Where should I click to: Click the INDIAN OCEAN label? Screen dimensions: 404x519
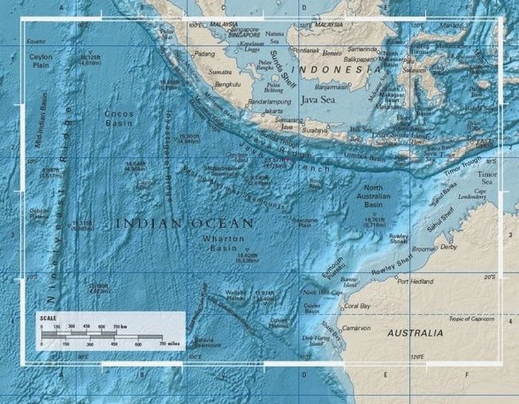[x=184, y=224]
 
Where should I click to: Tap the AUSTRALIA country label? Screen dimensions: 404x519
[x=415, y=333]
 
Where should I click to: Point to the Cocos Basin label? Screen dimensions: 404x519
[x=119, y=118]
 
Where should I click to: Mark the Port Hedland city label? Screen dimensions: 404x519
[x=412, y=281]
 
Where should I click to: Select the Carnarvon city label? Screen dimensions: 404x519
[x=357, y=328]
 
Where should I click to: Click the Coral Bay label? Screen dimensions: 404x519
[x=357, y=305]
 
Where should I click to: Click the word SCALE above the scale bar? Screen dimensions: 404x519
[x=48, y=318]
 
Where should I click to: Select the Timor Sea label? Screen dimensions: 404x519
[x=487, y=178]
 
